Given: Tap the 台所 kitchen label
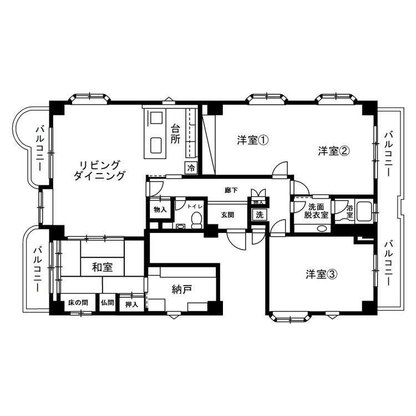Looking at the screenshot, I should tap(175, 134).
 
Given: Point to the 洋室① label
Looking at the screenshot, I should tap(253, 140).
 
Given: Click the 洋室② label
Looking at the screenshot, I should tap(333, 150).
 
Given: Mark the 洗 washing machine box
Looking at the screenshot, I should tap(258, 215).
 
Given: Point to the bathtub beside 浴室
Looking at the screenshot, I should tap(364, 211).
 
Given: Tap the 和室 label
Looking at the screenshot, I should tap(102, 267).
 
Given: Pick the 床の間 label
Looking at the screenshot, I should tap(78, 303).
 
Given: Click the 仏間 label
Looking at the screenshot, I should tap(108, 303).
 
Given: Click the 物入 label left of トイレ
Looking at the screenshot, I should tap(160, 209).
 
